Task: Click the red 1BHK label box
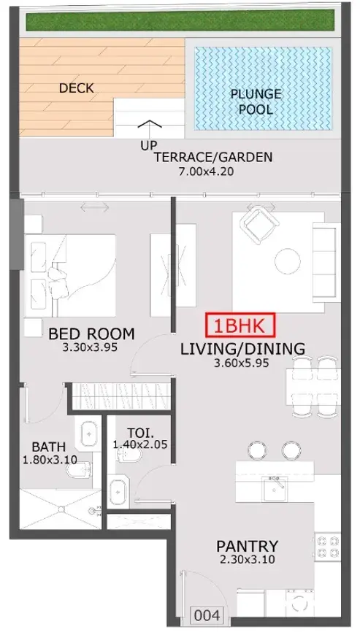(240, 325)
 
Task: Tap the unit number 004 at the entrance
(207, 615)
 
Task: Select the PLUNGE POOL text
(256, 101)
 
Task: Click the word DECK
(76, 88)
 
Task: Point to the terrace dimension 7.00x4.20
(206, 172)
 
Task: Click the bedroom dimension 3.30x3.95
(91, 347)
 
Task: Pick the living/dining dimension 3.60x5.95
(241, 363)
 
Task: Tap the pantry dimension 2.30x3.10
(247, 560)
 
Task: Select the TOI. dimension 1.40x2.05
(140, 445)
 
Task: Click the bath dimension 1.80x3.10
(50, 460)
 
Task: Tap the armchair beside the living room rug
(261, 221)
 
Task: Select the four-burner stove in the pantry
(327, 546)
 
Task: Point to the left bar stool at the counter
(257, 450)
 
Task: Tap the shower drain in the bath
(61, 509)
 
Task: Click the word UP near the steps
(149, 145)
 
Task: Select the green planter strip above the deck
(180, 20)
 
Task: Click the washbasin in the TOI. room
(118, 492)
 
